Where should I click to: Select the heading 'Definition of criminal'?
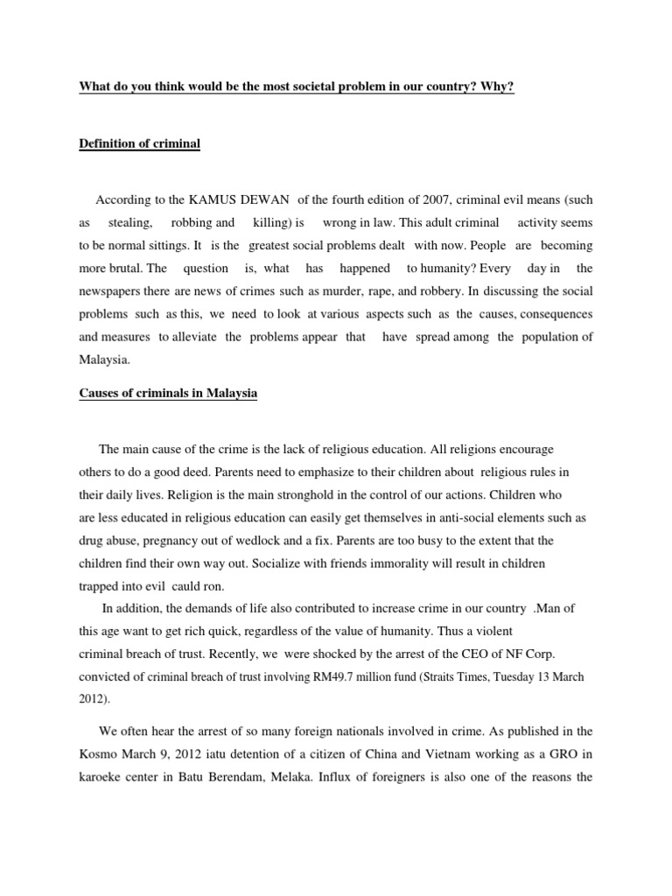(140, 143)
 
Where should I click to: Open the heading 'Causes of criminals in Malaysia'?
(168, 394)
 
